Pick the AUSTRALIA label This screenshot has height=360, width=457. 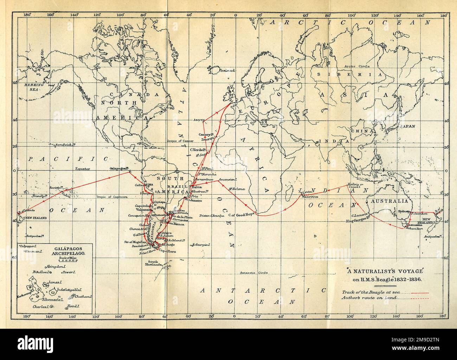[x=388, y=201]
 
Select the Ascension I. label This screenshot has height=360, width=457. [x=229, y=179]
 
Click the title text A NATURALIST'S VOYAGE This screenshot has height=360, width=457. [x=386, y=272]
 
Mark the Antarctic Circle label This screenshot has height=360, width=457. [x=253, y=273]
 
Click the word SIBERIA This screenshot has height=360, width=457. [x=356, y=75]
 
